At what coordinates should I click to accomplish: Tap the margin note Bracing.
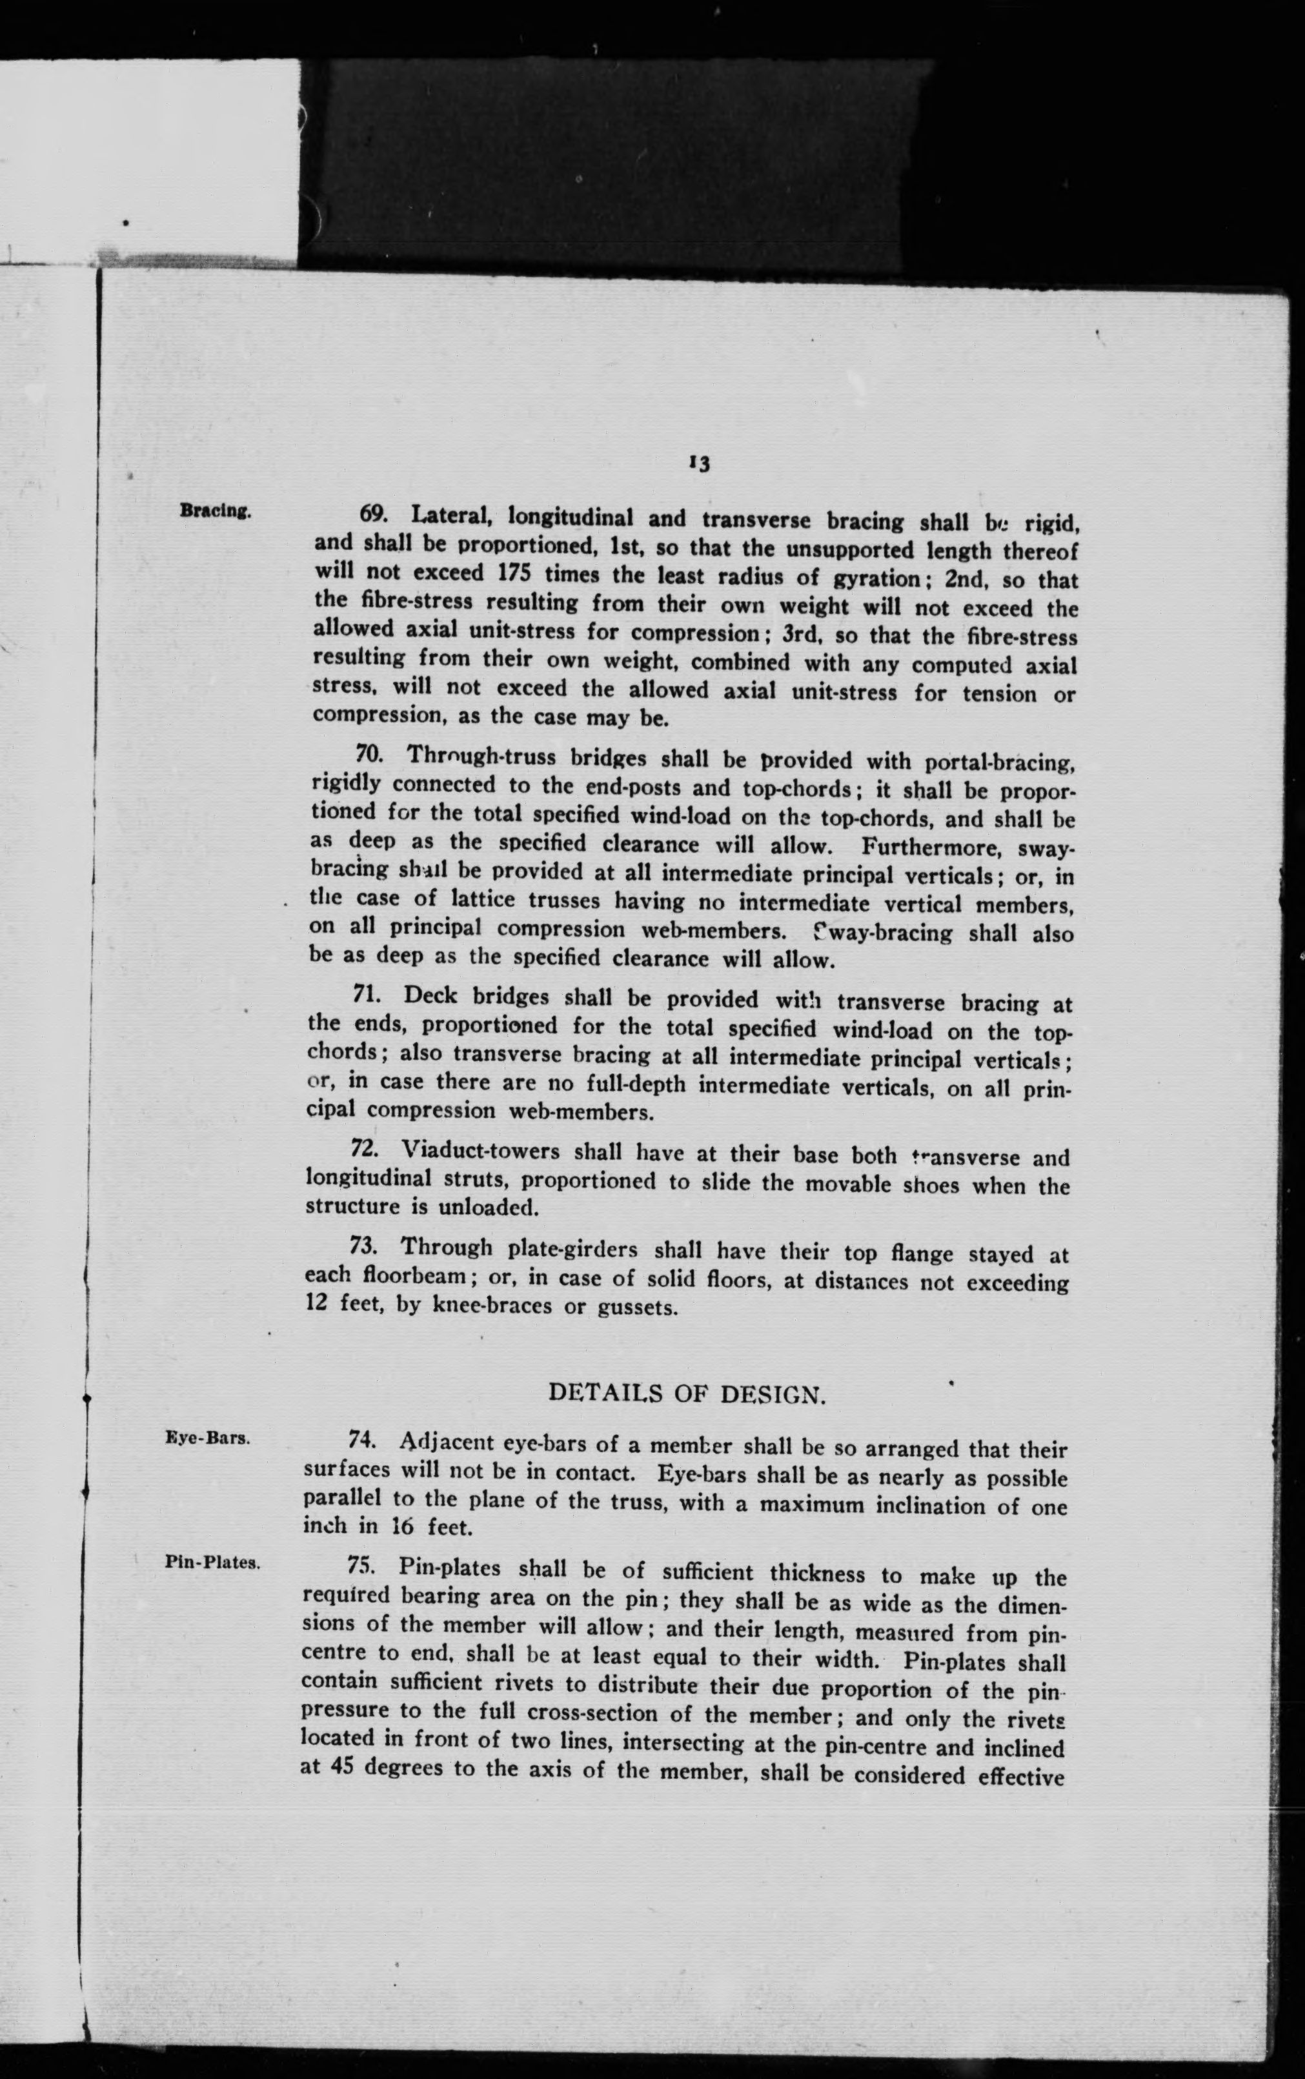click(215, 511)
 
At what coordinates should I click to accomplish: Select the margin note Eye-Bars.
click(207, 1439)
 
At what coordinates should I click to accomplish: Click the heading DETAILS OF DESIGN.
click(687, 1395)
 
